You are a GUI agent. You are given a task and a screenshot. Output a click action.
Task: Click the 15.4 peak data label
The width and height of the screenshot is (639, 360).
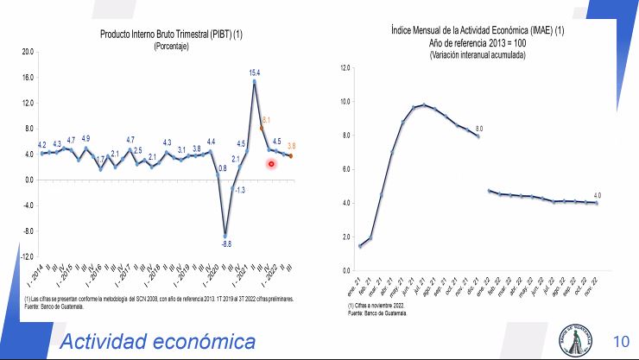(256, 73)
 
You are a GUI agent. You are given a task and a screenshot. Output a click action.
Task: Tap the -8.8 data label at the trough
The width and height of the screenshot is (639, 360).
(226, 245)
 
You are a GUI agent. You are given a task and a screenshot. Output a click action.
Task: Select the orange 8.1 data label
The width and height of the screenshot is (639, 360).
(266, 120)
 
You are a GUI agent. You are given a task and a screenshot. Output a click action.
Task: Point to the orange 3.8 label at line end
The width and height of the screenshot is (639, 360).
(292, 146)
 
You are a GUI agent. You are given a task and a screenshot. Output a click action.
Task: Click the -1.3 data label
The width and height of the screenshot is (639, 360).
(240, 189)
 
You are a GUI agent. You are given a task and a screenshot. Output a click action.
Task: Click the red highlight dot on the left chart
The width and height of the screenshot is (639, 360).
(271, 164)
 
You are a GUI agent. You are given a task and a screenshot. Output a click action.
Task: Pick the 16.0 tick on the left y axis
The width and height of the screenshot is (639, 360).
(27, 78)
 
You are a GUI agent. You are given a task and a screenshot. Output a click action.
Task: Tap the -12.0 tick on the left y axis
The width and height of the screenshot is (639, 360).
(26, 257)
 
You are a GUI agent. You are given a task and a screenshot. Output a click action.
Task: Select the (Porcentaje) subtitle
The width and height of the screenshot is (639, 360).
(171, 46)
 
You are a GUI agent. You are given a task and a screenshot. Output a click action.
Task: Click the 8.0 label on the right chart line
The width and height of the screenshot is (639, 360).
(478, 129)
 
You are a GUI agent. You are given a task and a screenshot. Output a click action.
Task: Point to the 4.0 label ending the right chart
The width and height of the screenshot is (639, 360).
(597, 195)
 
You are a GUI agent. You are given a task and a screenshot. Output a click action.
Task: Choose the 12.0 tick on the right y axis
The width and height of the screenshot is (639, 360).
(345, 67)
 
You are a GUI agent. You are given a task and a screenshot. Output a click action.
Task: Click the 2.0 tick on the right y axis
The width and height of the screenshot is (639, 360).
(345, 237)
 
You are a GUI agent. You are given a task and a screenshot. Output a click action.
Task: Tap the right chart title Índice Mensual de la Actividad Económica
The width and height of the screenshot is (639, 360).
(478, 32)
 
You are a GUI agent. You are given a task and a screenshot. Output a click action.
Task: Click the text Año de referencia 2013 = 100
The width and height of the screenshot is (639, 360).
(478, 43)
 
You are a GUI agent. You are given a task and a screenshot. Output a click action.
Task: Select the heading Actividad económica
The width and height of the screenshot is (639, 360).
(157, 342)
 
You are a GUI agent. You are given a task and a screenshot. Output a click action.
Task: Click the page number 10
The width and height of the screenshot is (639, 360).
(621, 340)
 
